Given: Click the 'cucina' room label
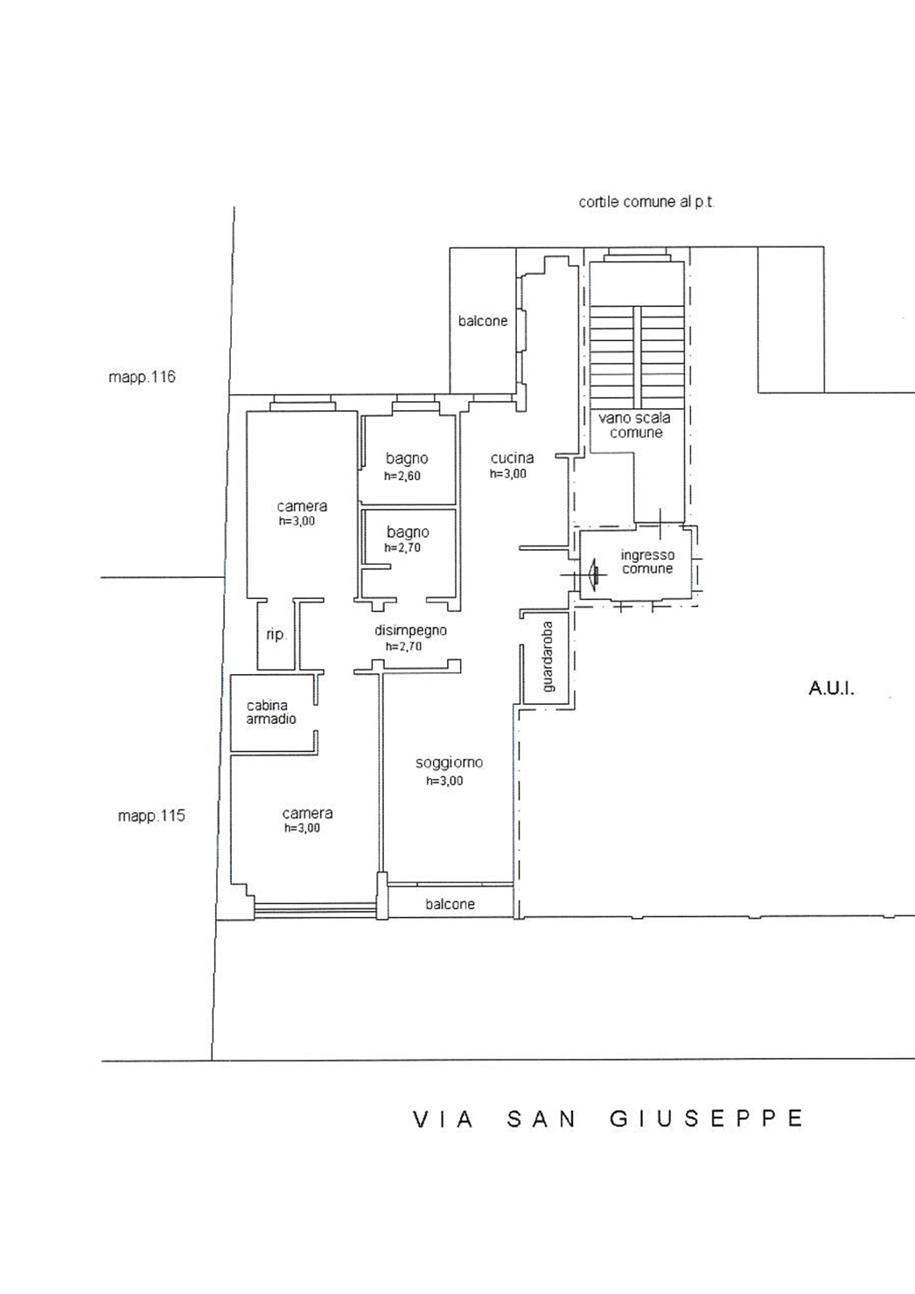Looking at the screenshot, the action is (x=512, y=458).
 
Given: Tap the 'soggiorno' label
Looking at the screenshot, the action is (x=449, y=763).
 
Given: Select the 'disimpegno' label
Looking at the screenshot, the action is (x=410, y=630).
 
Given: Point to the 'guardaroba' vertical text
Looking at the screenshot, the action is (x=548, y=657).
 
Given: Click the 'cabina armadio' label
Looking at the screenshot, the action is (x=271, y=713).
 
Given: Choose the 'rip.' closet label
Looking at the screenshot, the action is (x=276, y=634).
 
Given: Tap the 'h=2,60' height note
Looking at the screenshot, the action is (x=402, y=477).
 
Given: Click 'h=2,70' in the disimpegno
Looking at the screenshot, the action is (x=403, y=646).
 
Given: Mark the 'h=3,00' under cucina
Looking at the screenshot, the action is (x=508, y=474).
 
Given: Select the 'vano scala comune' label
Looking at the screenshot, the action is (x=635, y=425).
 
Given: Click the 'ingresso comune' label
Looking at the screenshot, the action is (x=647, y=561).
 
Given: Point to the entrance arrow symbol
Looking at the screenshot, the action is (x=592, y=574).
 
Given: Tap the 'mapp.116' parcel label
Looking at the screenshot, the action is (x=142, y=377).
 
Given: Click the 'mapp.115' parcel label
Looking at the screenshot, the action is (x=151, y=816).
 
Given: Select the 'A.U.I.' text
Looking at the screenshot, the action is (x=831, y=689).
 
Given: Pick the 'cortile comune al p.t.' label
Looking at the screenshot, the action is (x=646, y=202).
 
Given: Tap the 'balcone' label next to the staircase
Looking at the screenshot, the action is (x=483, y=321).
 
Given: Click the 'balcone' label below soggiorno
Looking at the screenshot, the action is (x=451, y=904).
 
